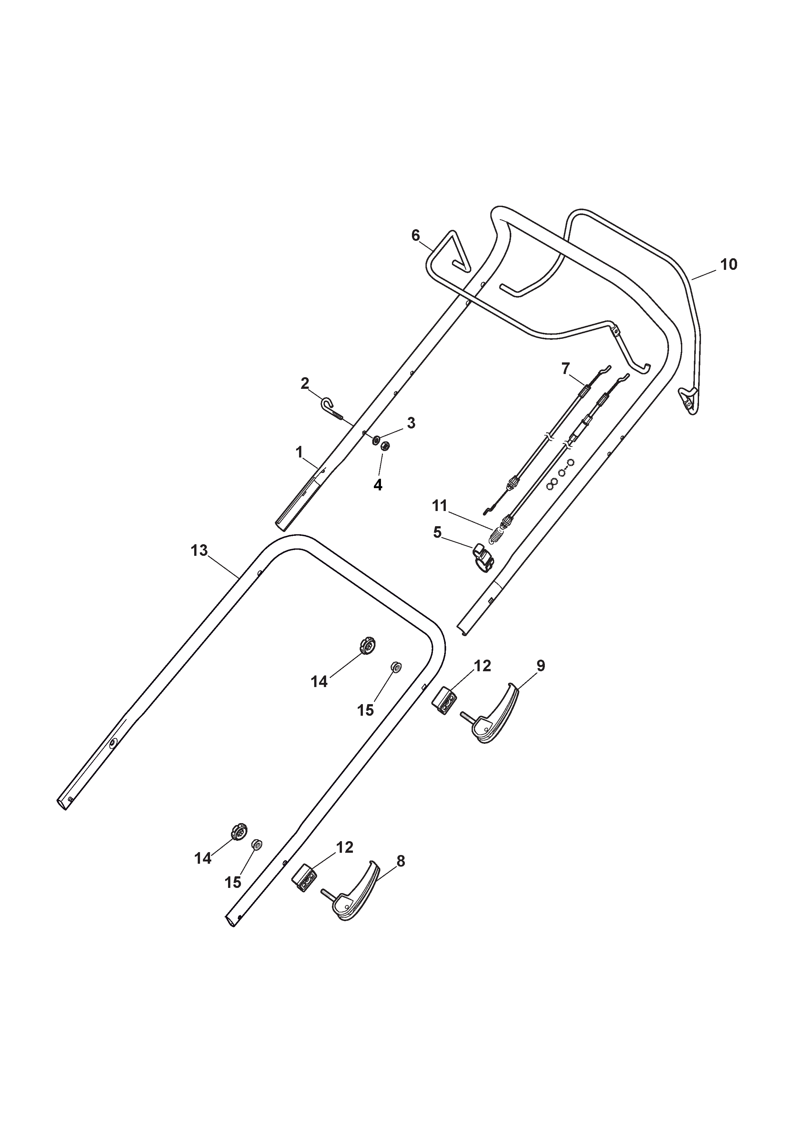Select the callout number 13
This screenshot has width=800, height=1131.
(199, 550)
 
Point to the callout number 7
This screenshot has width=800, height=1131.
(565, 368)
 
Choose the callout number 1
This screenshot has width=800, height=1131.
(299, 452)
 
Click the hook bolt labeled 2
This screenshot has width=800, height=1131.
(335, 410)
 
